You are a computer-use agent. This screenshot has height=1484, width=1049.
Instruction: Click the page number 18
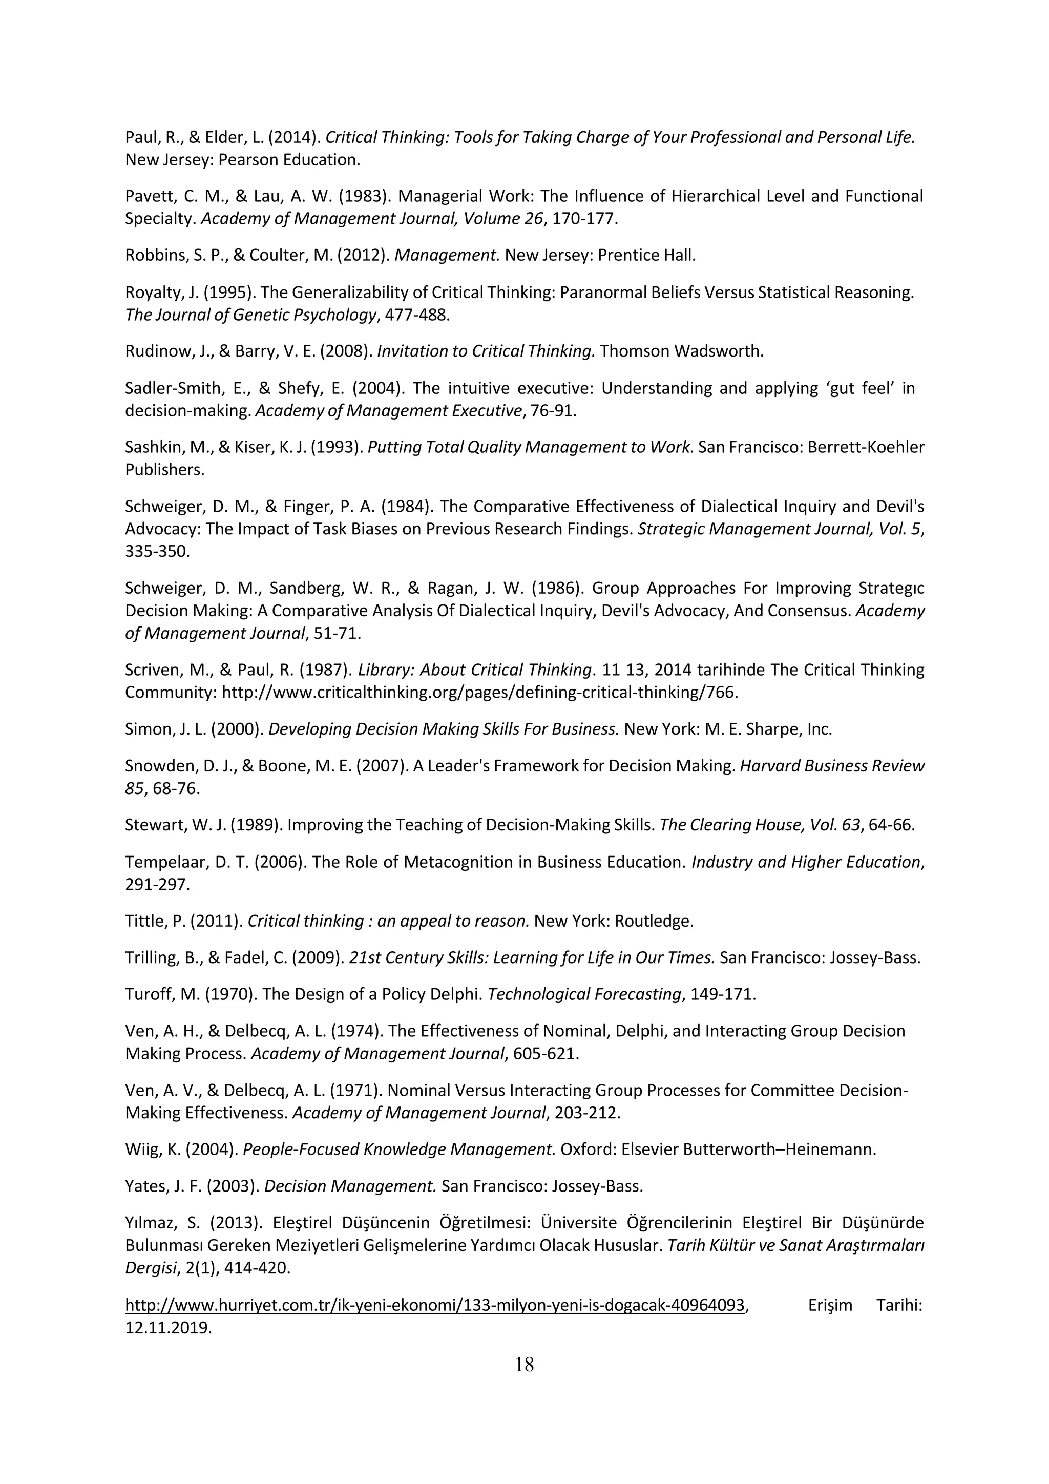[x=524, y=1365]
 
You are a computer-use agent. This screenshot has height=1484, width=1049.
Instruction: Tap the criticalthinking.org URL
[x=479, y=692]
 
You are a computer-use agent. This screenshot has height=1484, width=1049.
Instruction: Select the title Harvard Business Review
[x=832, y=766]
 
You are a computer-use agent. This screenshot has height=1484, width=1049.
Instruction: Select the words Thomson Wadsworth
[x=681, y=351]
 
